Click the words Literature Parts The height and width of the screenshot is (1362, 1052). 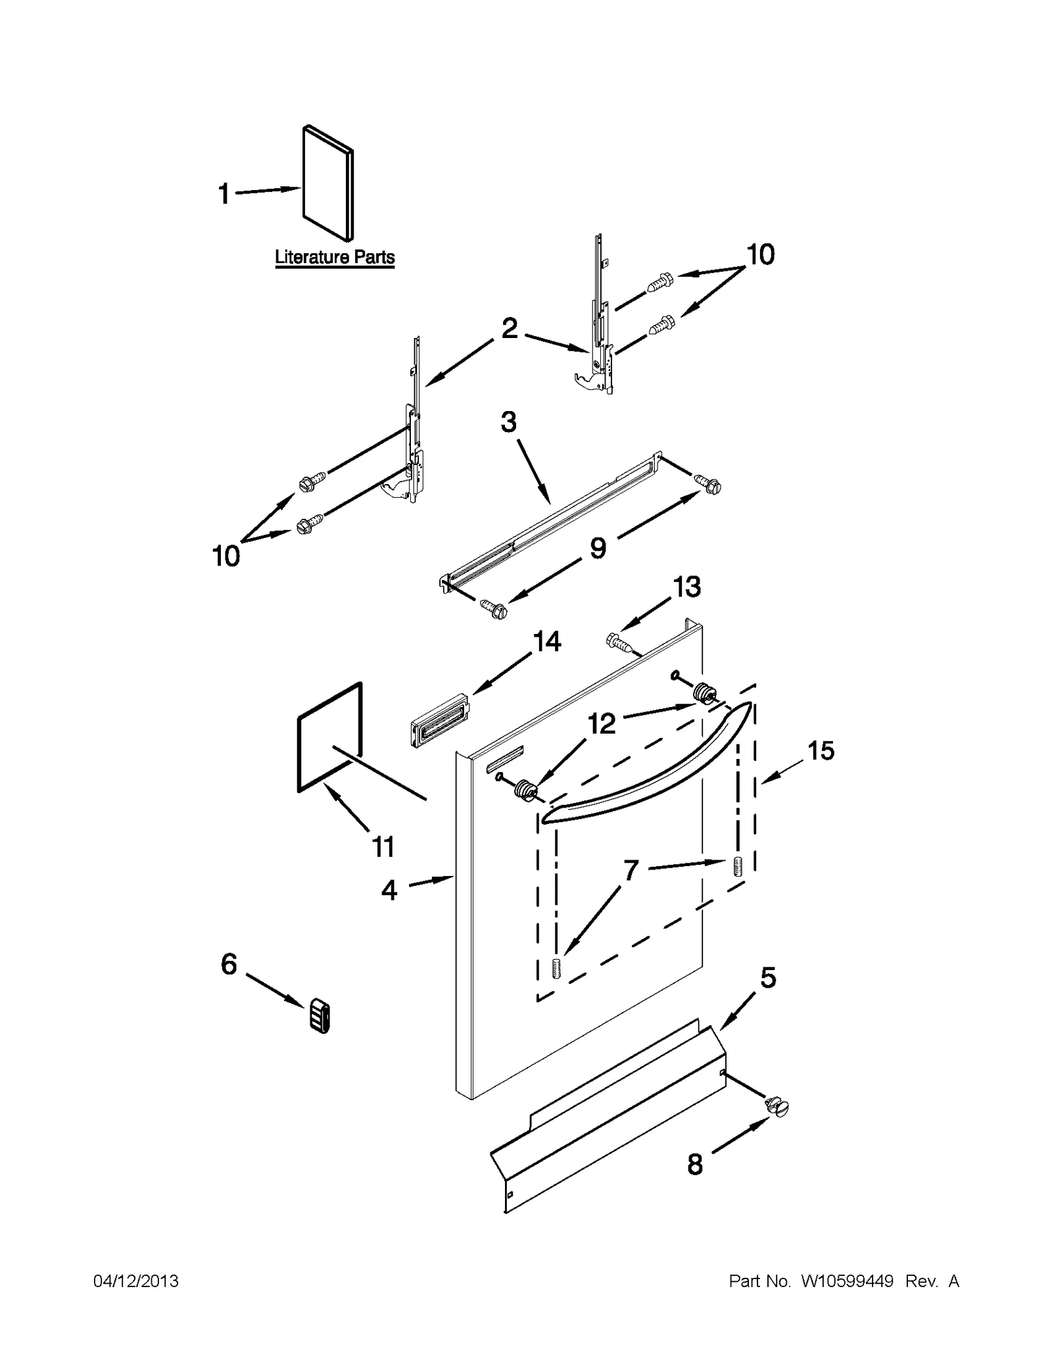(334, 257)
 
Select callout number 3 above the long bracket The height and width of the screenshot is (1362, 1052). (508, 422)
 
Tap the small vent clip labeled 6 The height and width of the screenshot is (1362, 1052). (319, 1017)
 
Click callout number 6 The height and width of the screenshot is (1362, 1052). (228, 965)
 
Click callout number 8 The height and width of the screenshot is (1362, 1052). (694, 1165)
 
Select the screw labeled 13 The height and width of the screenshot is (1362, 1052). (621, 643)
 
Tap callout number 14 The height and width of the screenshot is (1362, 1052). (546, 641)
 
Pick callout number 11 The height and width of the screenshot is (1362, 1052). (383, 847)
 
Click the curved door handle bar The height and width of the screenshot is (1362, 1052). (648, 766)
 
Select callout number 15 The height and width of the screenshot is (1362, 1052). (821, 750)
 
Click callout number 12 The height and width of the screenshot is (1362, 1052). (601, 723)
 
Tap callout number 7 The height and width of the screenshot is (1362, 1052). (631, 870)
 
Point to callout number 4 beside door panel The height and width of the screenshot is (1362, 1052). (389, 890)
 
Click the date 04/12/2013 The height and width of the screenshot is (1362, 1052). (135, 1281)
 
